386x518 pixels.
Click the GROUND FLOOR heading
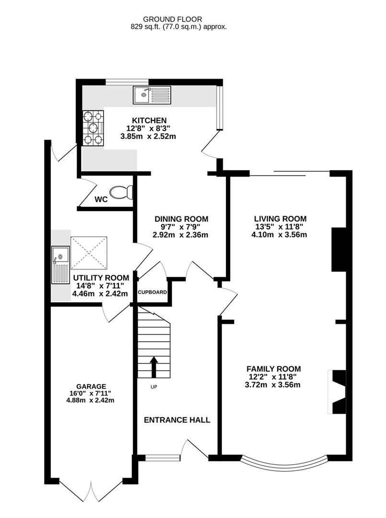172,20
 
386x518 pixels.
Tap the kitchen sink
152,95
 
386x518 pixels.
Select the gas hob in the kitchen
93,128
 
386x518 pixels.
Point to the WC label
101,200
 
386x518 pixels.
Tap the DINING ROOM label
181,219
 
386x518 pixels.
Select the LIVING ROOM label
280,219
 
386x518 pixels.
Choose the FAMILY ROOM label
273,369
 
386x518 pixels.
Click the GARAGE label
91,387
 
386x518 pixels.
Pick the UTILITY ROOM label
101,278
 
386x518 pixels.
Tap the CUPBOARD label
152,293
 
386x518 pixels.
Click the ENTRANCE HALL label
177,420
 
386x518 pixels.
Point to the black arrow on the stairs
153,367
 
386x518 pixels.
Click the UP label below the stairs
154,387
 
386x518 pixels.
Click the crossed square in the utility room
89,253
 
